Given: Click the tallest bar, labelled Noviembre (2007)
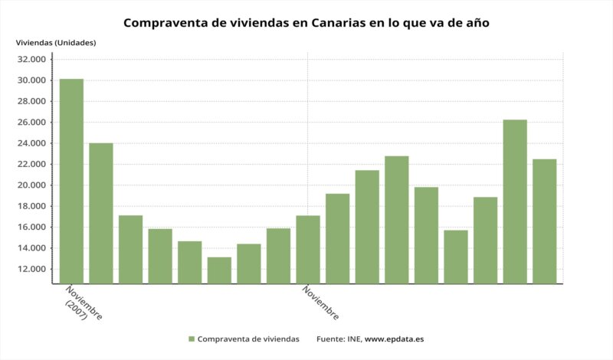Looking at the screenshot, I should pos(71,181).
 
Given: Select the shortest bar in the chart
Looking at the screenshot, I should pos(219,270).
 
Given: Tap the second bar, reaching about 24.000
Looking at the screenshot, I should pos(101,213).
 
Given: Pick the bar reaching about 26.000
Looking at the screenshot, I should pos(515,201).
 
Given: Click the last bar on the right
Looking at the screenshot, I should pos(544,221).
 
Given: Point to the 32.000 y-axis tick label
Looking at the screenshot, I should pos(33,60).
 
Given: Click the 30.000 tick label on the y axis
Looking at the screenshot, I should pos(33,80).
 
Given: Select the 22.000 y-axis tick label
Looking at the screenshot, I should pos(33,164).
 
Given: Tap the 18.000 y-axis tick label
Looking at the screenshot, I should pos(33,206).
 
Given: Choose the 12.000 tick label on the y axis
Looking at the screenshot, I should pos(33,269).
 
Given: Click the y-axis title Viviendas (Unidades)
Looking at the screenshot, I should pos(56,42).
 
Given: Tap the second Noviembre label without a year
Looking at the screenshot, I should pos(321,303).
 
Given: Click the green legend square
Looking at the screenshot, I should pos(191,339).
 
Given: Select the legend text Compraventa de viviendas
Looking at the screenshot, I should pos(248,339).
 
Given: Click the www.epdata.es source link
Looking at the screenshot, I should pos(395,339).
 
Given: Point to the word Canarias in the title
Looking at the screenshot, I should pos(338,22).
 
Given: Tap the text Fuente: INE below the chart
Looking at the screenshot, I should pos(338,339).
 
